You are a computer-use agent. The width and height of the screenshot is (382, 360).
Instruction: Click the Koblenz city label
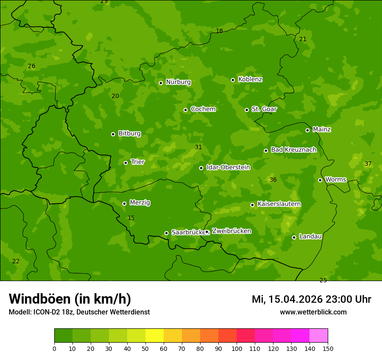coord(250,79)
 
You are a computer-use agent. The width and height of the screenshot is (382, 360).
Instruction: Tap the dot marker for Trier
coord(126,163)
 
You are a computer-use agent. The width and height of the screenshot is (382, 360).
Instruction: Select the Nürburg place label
coord(178,82)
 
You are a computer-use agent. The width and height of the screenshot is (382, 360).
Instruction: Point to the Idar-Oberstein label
coord(228,167)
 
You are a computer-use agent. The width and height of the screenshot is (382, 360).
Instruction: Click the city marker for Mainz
coord(307,130)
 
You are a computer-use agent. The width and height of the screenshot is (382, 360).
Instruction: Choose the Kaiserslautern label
coord(279,204)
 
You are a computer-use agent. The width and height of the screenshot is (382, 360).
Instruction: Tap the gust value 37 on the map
coord(368,164)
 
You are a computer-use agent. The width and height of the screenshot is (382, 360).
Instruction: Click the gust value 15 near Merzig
coord(131,218)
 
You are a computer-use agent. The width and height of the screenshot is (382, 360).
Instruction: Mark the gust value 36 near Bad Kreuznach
coord(273,180)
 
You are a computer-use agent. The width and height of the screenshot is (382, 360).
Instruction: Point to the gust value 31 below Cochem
coord(198,147)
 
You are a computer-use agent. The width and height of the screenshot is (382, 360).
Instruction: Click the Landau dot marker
coord(294,237)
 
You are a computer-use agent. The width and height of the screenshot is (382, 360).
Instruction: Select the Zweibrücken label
coord(231,231)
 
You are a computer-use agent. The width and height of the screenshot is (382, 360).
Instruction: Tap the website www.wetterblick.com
coord(313,312)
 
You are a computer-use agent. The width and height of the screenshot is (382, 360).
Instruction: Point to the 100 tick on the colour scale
coord(237,348)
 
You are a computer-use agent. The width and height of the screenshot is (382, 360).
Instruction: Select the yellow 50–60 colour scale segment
coord(155,336)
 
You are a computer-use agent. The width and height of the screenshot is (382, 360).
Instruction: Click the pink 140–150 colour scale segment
coord(319,336)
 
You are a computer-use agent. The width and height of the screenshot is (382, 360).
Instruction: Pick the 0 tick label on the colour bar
coord(54,348)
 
